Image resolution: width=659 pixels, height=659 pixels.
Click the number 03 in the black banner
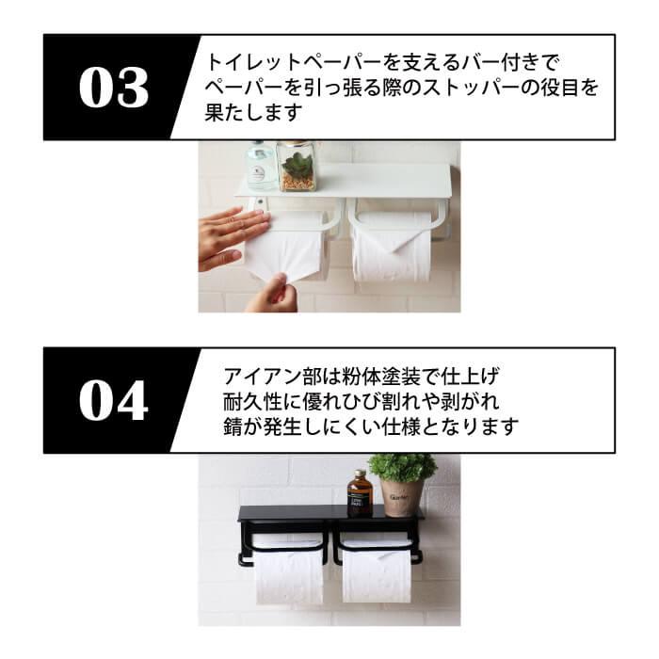[x=113, y=88]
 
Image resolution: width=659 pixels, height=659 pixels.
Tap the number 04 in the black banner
[x=113, y=400]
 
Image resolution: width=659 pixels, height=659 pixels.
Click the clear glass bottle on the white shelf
[x=260, y=166]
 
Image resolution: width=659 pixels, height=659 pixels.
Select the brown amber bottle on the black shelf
[x=359, y=492]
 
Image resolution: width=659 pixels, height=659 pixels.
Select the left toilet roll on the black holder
[x=288, y=571]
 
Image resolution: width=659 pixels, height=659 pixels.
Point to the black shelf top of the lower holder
[x=329, y=514]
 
